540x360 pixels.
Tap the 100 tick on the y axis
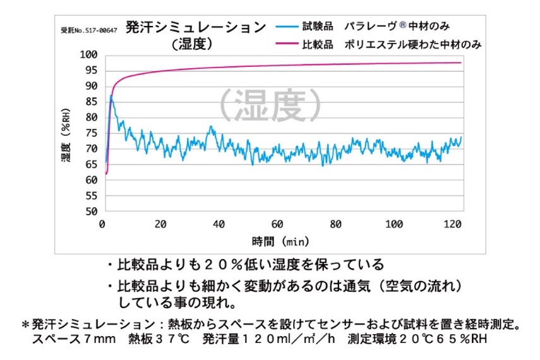[89, 55]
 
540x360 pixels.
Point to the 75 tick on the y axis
[92, 133]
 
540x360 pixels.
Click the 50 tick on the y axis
[92, 212]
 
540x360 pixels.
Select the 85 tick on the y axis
[92, 102]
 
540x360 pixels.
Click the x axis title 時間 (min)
[279, 241]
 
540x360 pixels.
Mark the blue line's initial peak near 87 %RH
[112, 96]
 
